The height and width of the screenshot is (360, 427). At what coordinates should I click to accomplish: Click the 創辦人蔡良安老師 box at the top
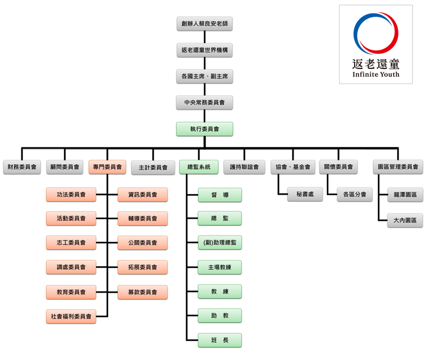[x=204, y=24]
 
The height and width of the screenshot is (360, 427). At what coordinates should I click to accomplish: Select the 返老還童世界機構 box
[x=204, y=50]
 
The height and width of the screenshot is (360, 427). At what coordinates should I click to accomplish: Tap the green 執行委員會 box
[x=204, y=129]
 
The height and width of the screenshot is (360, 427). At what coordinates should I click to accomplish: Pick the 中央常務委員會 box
[x=204, y=103]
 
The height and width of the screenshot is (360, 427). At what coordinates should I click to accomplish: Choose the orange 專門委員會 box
[x=108, y=167]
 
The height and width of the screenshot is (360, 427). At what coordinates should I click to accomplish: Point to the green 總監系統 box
[x=199, y=167]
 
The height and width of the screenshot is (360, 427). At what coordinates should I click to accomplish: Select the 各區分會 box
[x=355, y=195]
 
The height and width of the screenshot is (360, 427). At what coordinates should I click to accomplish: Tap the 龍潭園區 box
[x=405, y=195]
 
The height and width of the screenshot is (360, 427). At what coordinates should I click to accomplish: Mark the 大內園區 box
[x=405, y=220]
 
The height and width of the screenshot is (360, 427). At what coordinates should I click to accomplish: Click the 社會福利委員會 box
[x=71, y=316]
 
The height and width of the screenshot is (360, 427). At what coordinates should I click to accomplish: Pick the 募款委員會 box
[x=142, y=292]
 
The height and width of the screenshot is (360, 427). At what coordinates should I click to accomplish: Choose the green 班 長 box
[x=220, y=340]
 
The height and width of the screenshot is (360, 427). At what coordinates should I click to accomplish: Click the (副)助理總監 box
[x=220, y=243]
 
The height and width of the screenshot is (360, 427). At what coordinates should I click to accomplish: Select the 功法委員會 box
[x=71, y=195]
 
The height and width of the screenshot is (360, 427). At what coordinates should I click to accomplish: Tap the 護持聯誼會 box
[x=244, y=167]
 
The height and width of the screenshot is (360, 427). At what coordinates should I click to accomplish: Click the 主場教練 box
[x=220, y=267]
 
